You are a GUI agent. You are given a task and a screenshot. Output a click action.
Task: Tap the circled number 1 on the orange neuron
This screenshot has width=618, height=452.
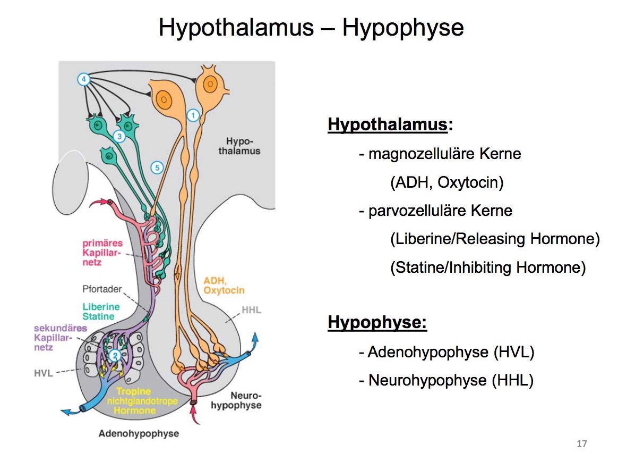pyautogui.click(x=193, y=114)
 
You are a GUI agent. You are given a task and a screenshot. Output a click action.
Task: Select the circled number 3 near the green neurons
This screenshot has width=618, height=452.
pyautogui.click(x=119, y=137)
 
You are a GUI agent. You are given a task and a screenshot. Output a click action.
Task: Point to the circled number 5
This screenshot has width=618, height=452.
pyautogui.click(x=157, y=168)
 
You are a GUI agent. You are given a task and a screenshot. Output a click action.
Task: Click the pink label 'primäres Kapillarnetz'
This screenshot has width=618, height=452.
pyautogui.click(x=101, y=253)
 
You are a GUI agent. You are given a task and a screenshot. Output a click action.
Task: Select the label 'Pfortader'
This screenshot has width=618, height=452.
pyautogui.click(x=102, y=290)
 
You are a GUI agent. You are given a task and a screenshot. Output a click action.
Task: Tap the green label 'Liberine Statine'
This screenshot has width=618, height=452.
pyautogui.click(x=101, y=312)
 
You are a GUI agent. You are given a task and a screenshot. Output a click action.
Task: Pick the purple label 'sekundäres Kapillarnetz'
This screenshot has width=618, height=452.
pyautogui.click(x=60, y=338)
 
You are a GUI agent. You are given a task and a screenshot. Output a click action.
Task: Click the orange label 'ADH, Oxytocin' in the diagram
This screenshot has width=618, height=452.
pyautogui.click(x=224, y=286)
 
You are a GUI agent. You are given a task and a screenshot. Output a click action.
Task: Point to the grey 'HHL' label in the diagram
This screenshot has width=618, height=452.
pyautogui.click(x=251, y=309)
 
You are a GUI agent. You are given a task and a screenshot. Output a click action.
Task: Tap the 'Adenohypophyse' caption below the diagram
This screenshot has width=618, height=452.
pyautogui.click(x=139, y=433)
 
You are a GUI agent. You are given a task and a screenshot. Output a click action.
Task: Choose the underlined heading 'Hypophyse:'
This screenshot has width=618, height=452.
pyautogui.click(x=377, y=322)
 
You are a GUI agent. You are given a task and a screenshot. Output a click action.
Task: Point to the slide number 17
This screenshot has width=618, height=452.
pyautogui.click(x=582, y=443)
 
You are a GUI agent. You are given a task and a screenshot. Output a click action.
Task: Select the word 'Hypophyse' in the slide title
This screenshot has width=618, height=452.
pyautogui.click(x=403, y=28)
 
